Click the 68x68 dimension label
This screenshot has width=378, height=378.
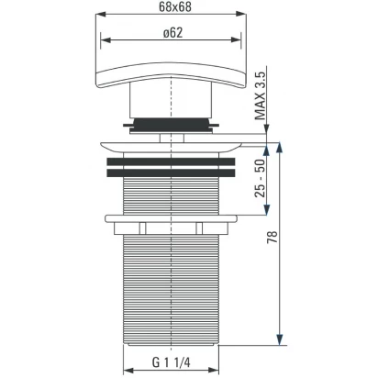pyautogui.click(x=175, y=7)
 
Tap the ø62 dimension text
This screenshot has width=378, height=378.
pyautogui.click(x=173, y=33)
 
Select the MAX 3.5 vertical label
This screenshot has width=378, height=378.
pyautogui.click(x=261, y=95)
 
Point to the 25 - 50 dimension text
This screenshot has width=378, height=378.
pyautogui.click(x=261, y=178)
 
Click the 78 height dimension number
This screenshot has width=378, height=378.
pyautogui.click(x=272, y=237)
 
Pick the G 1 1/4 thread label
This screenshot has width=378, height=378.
pyautogui.click(x=172, y=362)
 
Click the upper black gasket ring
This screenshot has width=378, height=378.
pyautogui.click(x=171, y=161)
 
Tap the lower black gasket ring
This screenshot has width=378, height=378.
pyautogui.click(x=171, y=173)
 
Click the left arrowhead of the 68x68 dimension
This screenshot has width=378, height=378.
pyautogui.click(x=101, y=15)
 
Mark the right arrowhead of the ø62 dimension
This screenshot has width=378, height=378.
pyautogui.click(x=237, y=39)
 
